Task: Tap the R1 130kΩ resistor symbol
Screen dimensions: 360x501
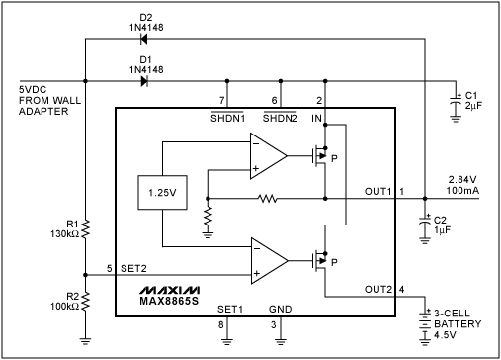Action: [x=86, y=230]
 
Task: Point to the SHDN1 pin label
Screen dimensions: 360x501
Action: [x=226, y=118]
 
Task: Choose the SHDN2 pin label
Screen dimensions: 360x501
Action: [x=279, y=118]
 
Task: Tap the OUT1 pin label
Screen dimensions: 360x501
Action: [x=377, y=190]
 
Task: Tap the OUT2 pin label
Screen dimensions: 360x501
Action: [x=377, y=290]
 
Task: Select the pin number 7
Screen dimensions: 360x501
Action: [x=222, y=99]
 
